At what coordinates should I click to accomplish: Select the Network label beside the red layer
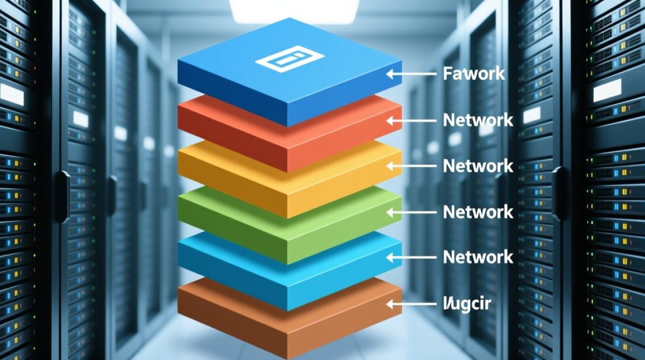pyautogui.click(x=478, y=120)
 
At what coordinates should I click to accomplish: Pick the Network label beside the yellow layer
pyautogui.click(x=478, y=166)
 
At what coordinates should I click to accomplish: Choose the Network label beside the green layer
pyautogui.click(x=478, y=212)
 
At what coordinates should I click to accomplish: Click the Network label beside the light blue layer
pyautogui.click(x=478, y=257)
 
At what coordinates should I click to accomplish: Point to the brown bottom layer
pyautogui.click(x=288, y=317)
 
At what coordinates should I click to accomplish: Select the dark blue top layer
pyautogui.click(x=288, y=82)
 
